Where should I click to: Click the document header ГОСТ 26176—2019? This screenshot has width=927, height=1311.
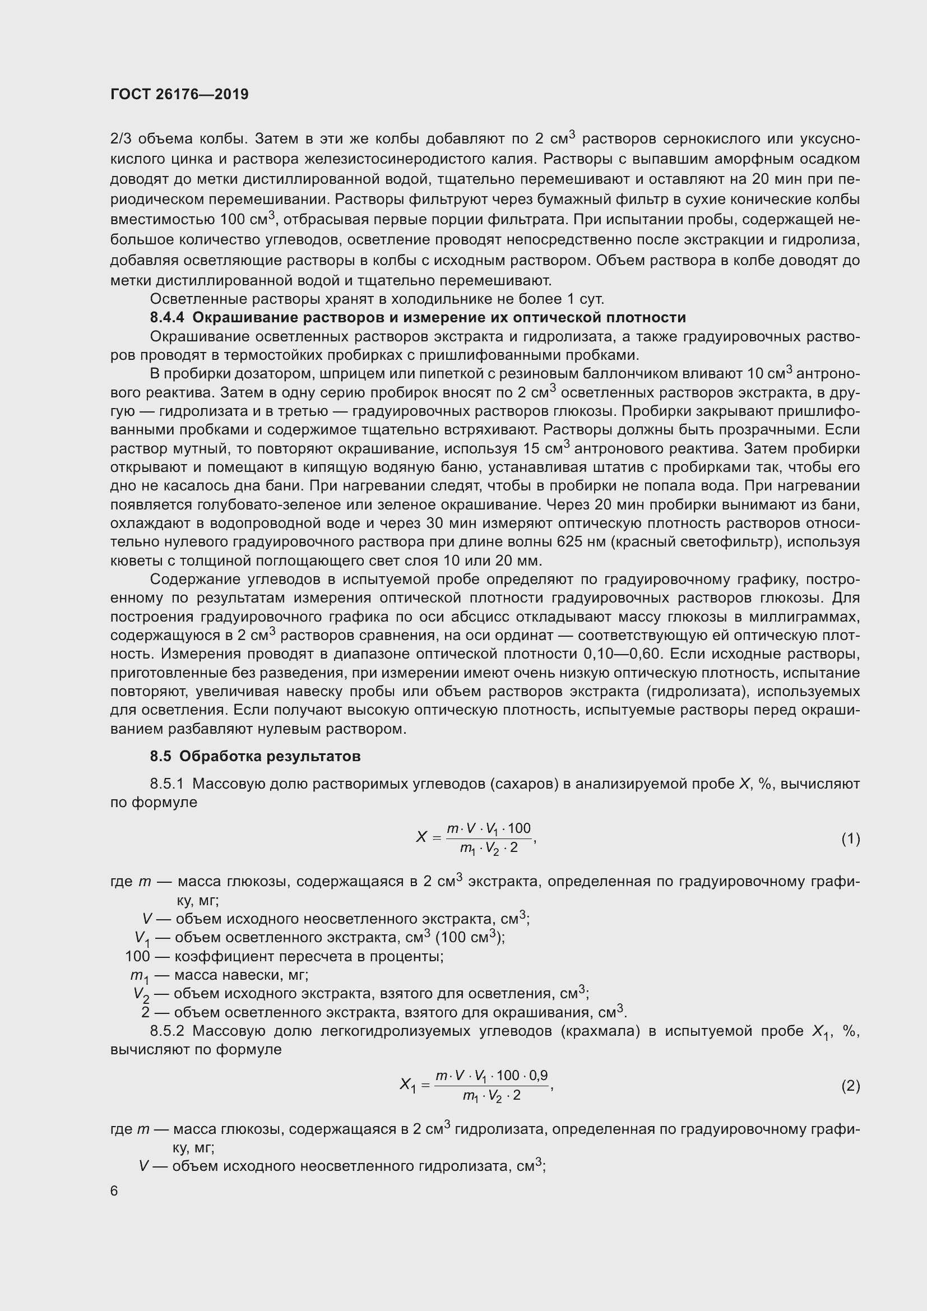pos(179,94)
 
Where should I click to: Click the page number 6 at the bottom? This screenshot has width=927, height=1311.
pos(114,1190)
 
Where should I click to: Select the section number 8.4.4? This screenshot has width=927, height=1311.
pos(167,317)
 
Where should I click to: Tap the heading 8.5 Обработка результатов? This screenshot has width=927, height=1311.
pos(255,756)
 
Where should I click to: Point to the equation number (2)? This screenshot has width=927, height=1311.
pos(850,1086)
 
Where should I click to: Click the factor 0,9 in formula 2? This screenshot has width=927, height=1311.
pos(538,1076)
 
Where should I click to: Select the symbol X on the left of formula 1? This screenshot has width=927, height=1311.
pos(421,837)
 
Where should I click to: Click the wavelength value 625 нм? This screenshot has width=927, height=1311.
pos(581,541)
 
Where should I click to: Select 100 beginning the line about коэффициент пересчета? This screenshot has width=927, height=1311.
pos(137,956)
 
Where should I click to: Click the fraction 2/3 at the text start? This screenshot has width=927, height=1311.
pos(120,139)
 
